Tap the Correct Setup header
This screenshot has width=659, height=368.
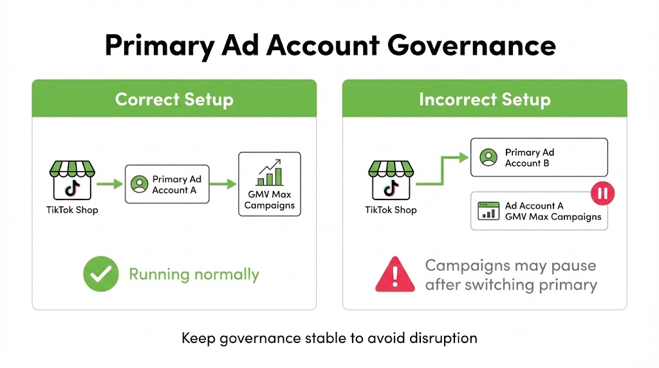[x=174, y=99]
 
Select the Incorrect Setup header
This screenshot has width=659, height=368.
[x=484, y=99]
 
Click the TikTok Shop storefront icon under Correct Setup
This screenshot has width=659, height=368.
[x=71, y=179]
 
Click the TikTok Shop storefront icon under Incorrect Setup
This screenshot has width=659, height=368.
[x=391, y=179]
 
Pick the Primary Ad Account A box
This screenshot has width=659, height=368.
[x=167, y=185]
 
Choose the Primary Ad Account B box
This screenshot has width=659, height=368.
[x=539, y=158]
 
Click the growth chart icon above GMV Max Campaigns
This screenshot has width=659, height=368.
[x=269, y=172]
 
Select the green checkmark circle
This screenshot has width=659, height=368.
[x=100, y=275]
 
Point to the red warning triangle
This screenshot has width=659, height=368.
[x=395, y=275]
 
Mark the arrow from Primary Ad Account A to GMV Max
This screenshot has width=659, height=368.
[x=223, y=185]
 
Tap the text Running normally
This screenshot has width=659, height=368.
[x=194, y=275]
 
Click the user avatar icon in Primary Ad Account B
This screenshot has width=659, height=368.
[x=488, y=158]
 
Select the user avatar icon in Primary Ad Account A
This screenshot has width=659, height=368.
[x=138, y=185]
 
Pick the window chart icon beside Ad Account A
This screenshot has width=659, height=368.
[x=488, y=211]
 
